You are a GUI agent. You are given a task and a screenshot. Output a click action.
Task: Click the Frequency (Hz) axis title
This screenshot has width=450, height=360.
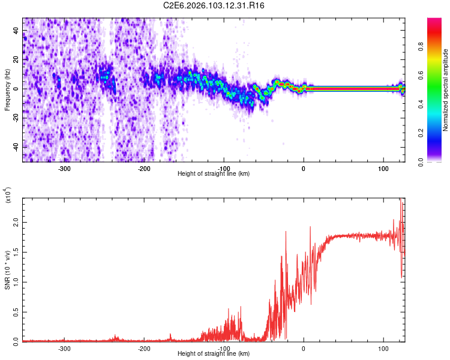point(7,90)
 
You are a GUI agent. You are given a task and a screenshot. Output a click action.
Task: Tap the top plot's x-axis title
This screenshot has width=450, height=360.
point(214,174)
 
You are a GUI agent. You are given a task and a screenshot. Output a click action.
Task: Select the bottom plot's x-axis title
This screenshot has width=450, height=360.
point(214,354)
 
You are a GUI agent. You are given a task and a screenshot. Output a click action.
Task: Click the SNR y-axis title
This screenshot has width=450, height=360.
point(7,269)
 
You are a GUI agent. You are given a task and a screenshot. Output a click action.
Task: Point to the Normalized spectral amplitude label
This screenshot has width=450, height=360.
point(446,90)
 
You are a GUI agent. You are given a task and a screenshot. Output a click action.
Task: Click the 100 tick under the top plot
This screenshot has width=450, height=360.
point(383,168)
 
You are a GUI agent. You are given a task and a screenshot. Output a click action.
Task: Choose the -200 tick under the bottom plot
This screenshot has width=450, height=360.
point(144,348)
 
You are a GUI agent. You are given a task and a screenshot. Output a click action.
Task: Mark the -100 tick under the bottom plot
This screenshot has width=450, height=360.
point(224,348)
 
